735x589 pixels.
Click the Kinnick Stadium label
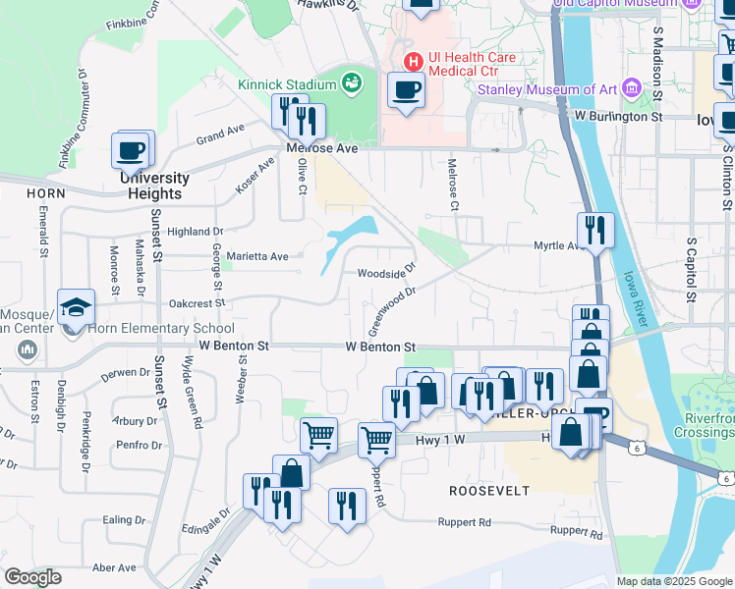point(287,84)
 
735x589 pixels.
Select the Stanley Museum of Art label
point(547,90)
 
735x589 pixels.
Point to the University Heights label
point(154,186)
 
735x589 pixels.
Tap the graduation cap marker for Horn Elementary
point(77,307)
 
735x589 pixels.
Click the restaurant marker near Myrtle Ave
point(594,231)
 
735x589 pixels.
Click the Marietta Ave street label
point(257,256)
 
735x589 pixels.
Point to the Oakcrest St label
point(198,303)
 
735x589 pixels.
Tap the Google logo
point(32,577)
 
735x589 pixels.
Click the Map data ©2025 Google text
point(674,581)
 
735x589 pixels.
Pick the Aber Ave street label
point(114,567)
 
